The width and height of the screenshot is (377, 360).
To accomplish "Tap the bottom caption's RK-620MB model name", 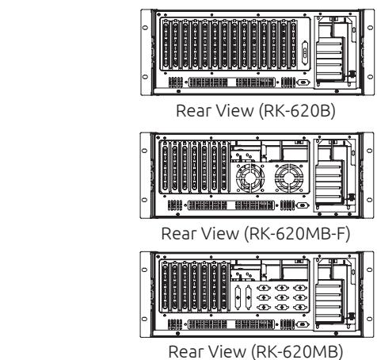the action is (x=297, y=352).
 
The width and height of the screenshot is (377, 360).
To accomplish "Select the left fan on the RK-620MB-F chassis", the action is (x=250, y=178).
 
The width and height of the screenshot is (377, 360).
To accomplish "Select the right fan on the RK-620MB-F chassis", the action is (x=289, y=178).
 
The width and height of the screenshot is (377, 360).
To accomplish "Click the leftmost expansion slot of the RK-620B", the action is (x=166, y=44).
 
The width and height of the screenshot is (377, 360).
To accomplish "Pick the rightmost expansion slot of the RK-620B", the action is (x=293, y=44).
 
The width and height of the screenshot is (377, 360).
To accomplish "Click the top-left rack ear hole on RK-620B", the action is (x=145, y=28).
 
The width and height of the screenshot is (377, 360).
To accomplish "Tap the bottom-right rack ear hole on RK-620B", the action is (x=370, y=77).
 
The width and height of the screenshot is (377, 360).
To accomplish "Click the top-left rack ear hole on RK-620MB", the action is (x=144, y=270).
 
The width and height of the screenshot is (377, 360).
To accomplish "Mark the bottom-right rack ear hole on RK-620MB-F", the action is (x=370, y=200).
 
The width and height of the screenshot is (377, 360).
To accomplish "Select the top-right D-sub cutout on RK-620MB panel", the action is (x=300, y=288).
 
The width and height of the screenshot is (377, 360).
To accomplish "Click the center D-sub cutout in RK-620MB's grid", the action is (x=282, y=297).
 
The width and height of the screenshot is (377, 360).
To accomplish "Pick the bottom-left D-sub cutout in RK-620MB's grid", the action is (x=264, y=307).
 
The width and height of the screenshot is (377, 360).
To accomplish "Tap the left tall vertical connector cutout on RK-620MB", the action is (x=238, y=297).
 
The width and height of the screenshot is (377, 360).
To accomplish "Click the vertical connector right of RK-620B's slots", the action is (x=305, y=53).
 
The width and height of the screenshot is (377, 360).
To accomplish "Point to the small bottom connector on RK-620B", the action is (x=303, y=82).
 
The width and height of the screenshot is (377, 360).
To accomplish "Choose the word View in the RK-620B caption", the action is (x=234, y=111).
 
